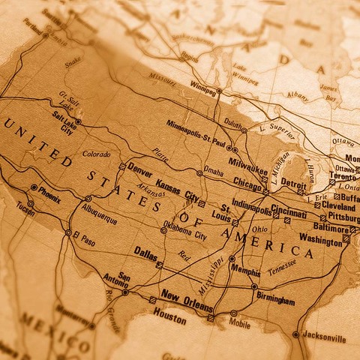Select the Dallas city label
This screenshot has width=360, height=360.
pos(145,254)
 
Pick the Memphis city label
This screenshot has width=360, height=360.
pos(245,271)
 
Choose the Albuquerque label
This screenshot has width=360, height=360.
pos(99,213)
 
